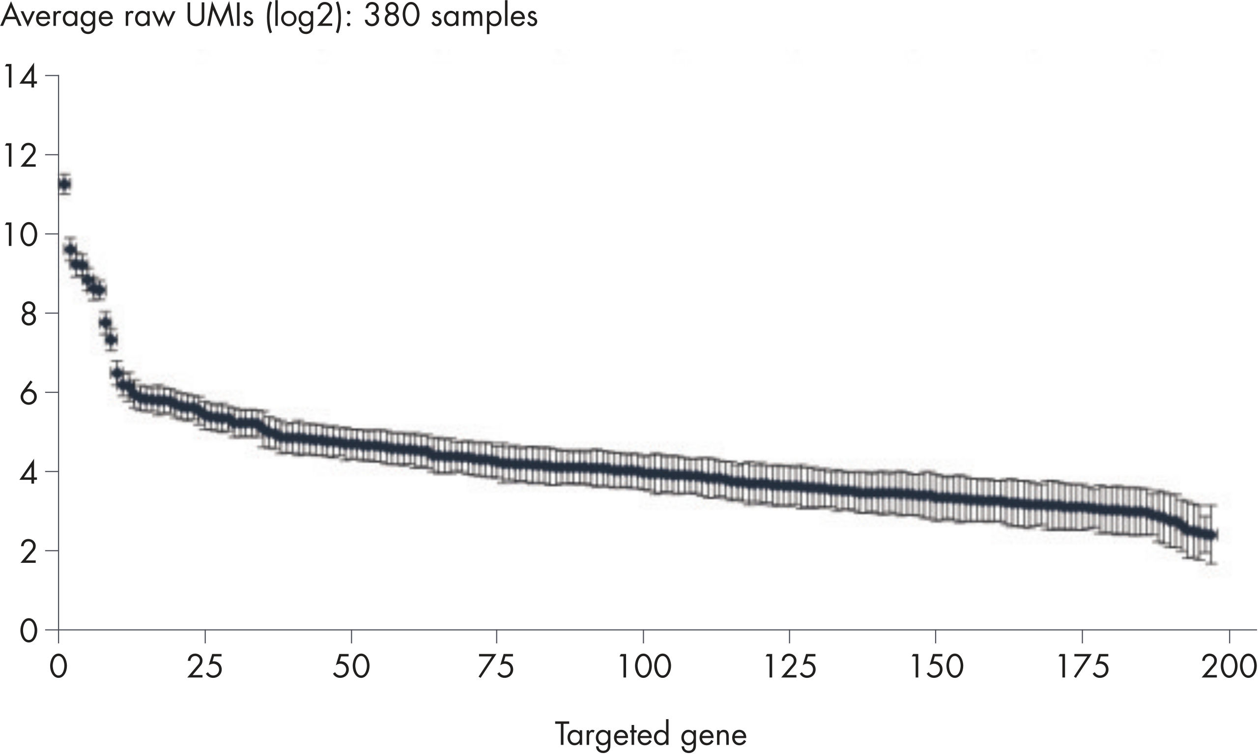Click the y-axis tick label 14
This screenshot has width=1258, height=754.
[20, 77]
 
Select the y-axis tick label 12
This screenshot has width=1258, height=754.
[20, 156]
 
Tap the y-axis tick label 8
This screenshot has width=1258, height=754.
[28, 315]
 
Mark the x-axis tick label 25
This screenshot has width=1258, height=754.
[205, 667]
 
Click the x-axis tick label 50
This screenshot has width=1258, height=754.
[351, 667]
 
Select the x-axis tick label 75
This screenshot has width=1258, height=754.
[496, 667]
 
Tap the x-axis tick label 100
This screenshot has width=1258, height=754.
[643, 667]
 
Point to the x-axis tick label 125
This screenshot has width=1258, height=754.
[790, 667]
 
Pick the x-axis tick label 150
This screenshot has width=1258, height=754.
[936, 667]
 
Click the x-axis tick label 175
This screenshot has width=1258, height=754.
[1082, 667]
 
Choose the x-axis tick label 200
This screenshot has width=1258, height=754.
[1229, 667]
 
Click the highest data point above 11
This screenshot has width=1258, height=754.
[64, 184]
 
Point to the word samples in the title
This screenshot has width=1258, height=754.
[484, 17]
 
